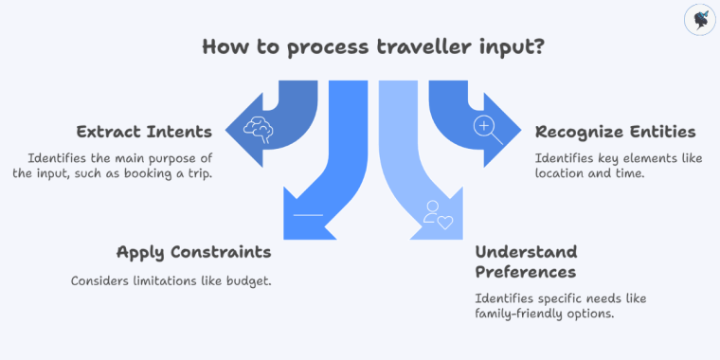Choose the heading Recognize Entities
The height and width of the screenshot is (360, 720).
[x=615, y=131]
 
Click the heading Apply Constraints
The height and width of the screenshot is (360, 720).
[x=193, y=252]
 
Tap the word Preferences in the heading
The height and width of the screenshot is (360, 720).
[x=525, y=272]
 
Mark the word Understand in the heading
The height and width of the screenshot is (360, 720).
[x=526, y=252]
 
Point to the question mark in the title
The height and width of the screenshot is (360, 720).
[x=539, y=47]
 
